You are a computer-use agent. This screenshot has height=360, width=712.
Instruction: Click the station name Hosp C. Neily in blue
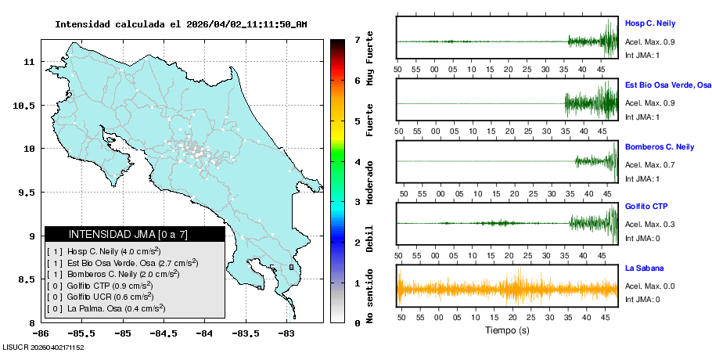pyautogui.click(x=649, y=23)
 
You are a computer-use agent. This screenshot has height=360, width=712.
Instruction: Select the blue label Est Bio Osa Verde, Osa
pyautogui.click(x=667, y=85)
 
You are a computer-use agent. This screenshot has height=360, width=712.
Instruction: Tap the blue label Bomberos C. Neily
pyautogui.click(x=659, y=146)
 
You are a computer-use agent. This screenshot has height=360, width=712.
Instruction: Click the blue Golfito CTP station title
pyautogui.click(x=645, y=207)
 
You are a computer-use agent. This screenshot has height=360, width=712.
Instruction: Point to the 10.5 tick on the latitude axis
pyautogui.click(x=25, y=105)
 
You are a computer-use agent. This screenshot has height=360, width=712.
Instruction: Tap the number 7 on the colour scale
pyautogui.click(x=357, y=39)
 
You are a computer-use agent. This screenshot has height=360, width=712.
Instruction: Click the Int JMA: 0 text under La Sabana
pyautogui.click(x=642, y=299)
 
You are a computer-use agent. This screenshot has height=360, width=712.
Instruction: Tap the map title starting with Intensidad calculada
pyautogui.click(x=181, y=24)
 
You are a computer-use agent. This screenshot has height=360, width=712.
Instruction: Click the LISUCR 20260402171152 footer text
pyautogui.click(x=43, y=347)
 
